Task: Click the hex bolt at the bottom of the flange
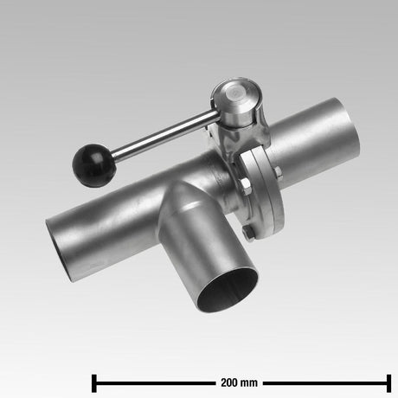pyautogui.click(x=247, y=231)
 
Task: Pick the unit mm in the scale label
pyautogui.click(x=251, y=382)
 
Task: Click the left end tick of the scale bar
pyautogui.click(x=93, y=382)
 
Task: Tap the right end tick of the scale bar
pyautogui.click(x=389, y=382)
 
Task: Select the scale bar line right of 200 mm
pyautogui.click(x=324, y=382)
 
